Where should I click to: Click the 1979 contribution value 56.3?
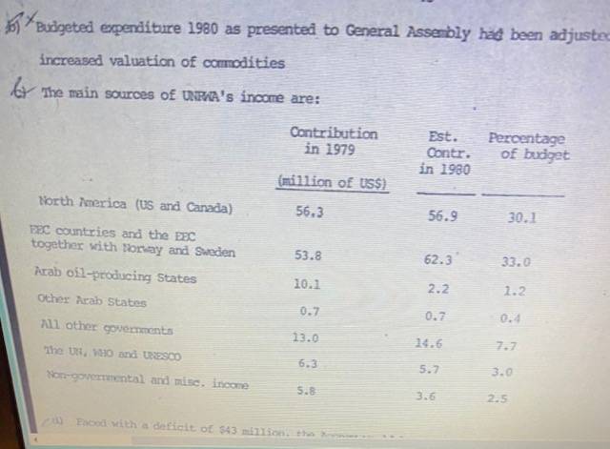(x=309, y=213)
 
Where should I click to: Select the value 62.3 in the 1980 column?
(x=437, y=258)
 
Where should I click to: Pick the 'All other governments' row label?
(x=107, y=327)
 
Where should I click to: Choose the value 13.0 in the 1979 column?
(x=305, y=337)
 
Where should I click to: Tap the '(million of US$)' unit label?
(x=332, y=182)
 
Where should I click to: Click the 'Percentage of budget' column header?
(x=528, y=146)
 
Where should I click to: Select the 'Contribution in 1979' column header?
(x=333, y=140)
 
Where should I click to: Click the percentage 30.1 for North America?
(x=521, y=217)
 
